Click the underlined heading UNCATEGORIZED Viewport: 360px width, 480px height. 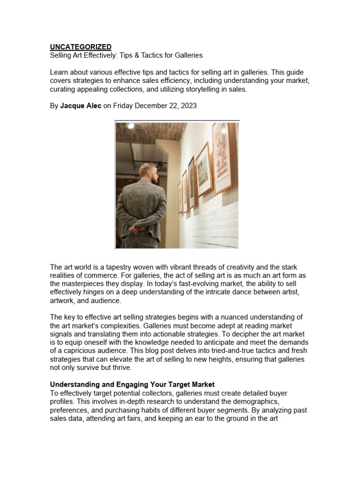[81, 47]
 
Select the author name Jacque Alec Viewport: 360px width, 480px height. [81, 106]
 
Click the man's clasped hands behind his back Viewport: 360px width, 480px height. [135, 229]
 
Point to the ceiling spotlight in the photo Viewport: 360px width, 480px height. [131, 126]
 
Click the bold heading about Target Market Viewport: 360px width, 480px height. [132, 384]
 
